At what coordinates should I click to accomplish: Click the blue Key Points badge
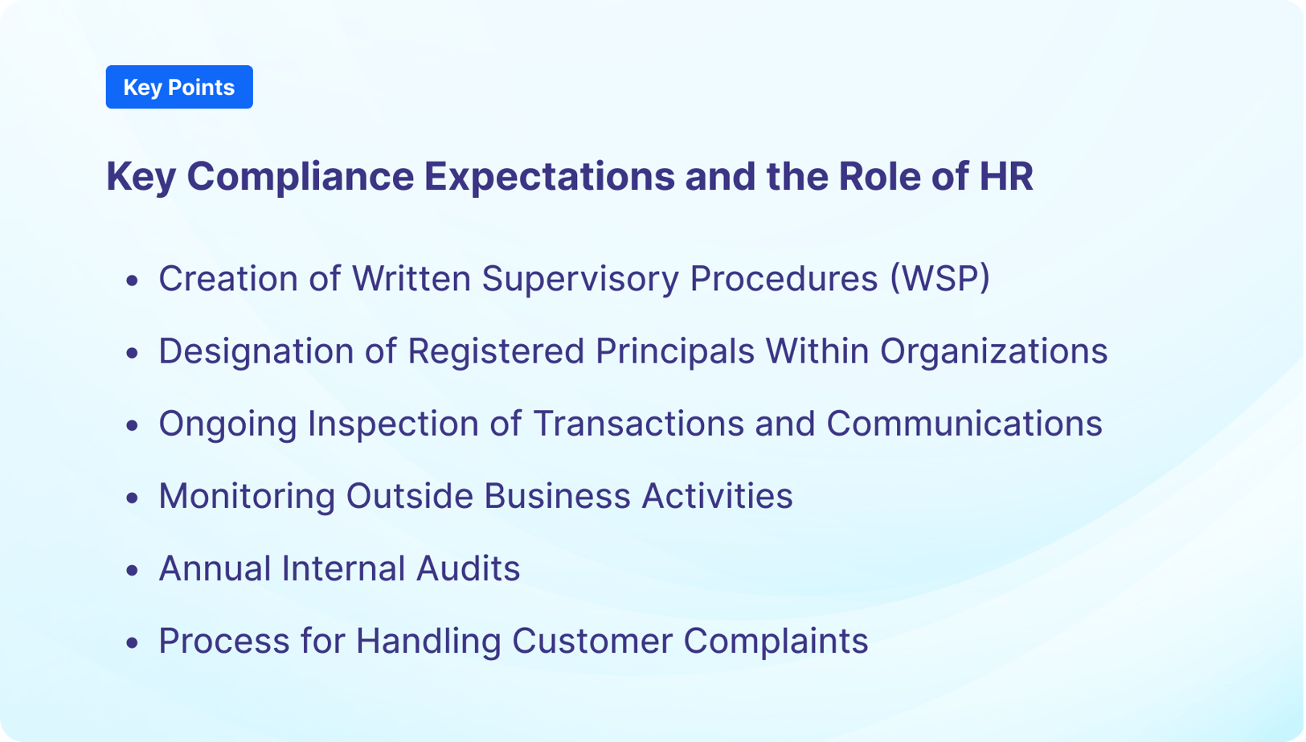(178, 87)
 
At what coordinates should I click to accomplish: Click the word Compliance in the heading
(300, 177)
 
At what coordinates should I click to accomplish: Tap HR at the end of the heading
(1005, 177)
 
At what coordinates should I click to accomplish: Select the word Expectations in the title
(549, 177)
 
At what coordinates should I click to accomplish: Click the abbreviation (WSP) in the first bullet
(939, 279)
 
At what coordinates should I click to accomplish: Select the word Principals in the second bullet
(673, 352)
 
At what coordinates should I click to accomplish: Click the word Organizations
(993, 352)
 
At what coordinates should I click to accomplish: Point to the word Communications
(964, 424)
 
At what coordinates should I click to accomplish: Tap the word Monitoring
(246, 497)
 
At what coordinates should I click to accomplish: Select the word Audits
(468, 569)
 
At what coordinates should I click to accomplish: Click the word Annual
(214, 569)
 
